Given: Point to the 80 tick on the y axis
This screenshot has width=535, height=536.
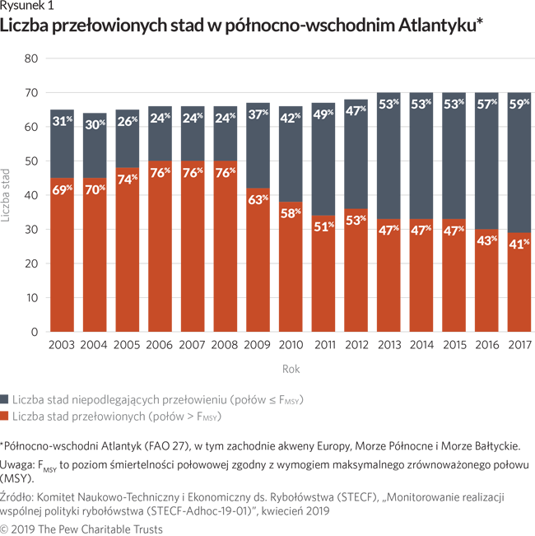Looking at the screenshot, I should [x=31, y=58].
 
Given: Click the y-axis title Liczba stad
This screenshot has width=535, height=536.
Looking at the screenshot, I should [x=7, y=196].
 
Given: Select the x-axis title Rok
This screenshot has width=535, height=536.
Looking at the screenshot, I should [x=291, y=369].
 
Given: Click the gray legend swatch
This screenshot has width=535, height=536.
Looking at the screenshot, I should [x=6, y=399].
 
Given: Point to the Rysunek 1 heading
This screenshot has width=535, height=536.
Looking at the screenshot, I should [x=28, y=6].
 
